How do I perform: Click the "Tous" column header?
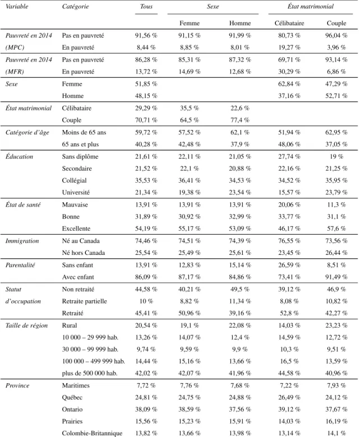tap(146, 6)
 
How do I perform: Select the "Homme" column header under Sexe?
tap(240, 23)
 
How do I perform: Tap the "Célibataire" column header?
tap(289, 23)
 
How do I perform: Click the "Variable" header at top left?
tap(17, 6)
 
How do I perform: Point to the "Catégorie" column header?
tap(75, 6)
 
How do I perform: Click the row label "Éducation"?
tap(19, 156)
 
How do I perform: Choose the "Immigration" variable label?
tap(22, 241)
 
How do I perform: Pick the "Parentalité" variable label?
tap(20, 265)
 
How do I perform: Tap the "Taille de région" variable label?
tap(26, 326)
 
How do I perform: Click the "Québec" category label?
tap(72, 397)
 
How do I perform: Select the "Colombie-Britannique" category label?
tap(92, 434)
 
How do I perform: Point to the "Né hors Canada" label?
tap(84, 253)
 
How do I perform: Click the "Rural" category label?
tap(70, 326)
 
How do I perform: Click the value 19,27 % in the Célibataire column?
tap(289, 48)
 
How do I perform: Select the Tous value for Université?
tap(146, 192)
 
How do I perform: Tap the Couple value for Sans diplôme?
tap(336, 156)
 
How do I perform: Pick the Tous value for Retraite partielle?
tap(146, 301)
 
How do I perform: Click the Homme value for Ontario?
tap(240, 410)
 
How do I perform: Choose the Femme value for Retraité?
tap(190, 313)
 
